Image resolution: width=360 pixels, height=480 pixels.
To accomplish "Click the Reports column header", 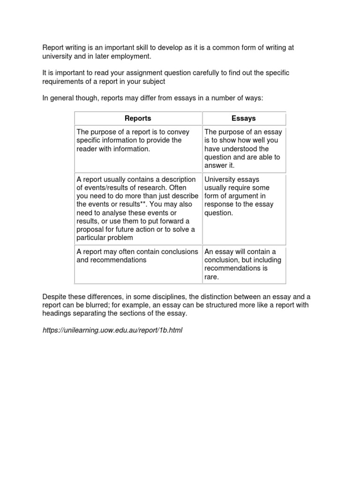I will click(x=138, y=119).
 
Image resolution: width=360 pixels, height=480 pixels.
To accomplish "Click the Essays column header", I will click(x=244, y=119).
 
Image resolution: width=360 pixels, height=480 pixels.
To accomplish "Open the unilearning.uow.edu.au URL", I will click(x=112, y=330).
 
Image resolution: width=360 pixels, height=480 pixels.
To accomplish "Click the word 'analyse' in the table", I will click(x=114, y=213).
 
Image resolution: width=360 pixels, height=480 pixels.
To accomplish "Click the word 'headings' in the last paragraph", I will click(x=57, y=313).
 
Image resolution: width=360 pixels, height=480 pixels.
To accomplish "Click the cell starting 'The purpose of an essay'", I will click(x=244, y=149).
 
